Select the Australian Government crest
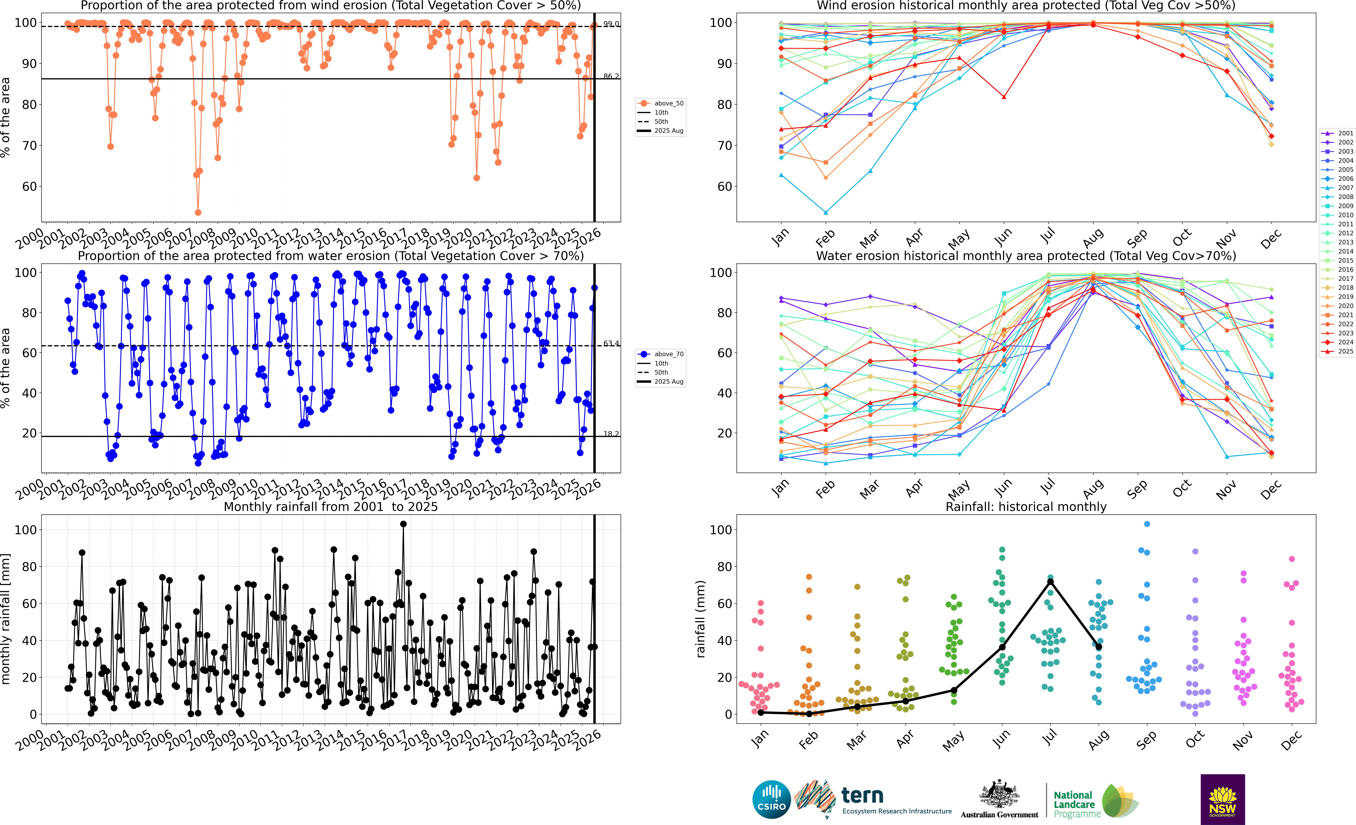tap(999, 795)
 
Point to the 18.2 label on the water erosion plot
tap(611, 434)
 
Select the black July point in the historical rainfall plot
tap(1051, 581)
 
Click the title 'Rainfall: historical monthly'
tap(1026, 507)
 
